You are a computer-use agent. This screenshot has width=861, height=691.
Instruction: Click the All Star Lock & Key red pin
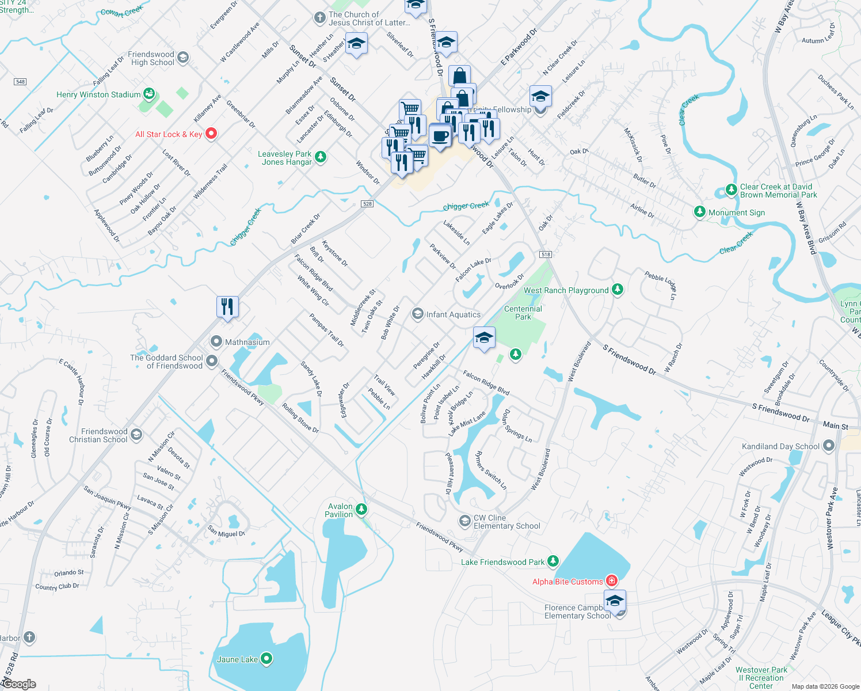point(211,134)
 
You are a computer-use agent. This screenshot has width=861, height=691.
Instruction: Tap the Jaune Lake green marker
point(266,659)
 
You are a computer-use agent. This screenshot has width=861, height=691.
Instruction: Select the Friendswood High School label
point(151,58)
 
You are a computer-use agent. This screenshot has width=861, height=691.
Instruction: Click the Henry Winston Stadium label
point(98,94)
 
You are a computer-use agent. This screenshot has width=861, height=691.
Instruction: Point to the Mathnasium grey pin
point(216,341)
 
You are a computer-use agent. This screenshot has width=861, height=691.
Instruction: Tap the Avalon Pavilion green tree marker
point(361,509)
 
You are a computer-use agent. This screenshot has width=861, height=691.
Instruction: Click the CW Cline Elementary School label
point(506,522)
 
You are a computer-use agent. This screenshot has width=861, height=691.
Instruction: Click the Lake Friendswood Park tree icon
point(553,560)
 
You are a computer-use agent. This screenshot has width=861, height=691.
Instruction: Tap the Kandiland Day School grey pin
point(828,445)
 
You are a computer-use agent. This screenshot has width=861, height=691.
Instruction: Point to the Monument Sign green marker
point(699,212)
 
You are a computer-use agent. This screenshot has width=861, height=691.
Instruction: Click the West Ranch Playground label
point(566,290)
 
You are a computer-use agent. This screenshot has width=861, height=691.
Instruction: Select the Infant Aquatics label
point(453,314)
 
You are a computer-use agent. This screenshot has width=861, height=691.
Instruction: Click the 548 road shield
point(20,82)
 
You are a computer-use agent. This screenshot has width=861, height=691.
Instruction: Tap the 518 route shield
point(546,255)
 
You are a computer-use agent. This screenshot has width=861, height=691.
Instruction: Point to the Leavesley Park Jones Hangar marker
point(321,157)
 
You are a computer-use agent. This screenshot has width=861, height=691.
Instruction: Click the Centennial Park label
point(523,313)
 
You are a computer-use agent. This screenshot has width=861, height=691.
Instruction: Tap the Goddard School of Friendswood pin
point(212,361)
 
